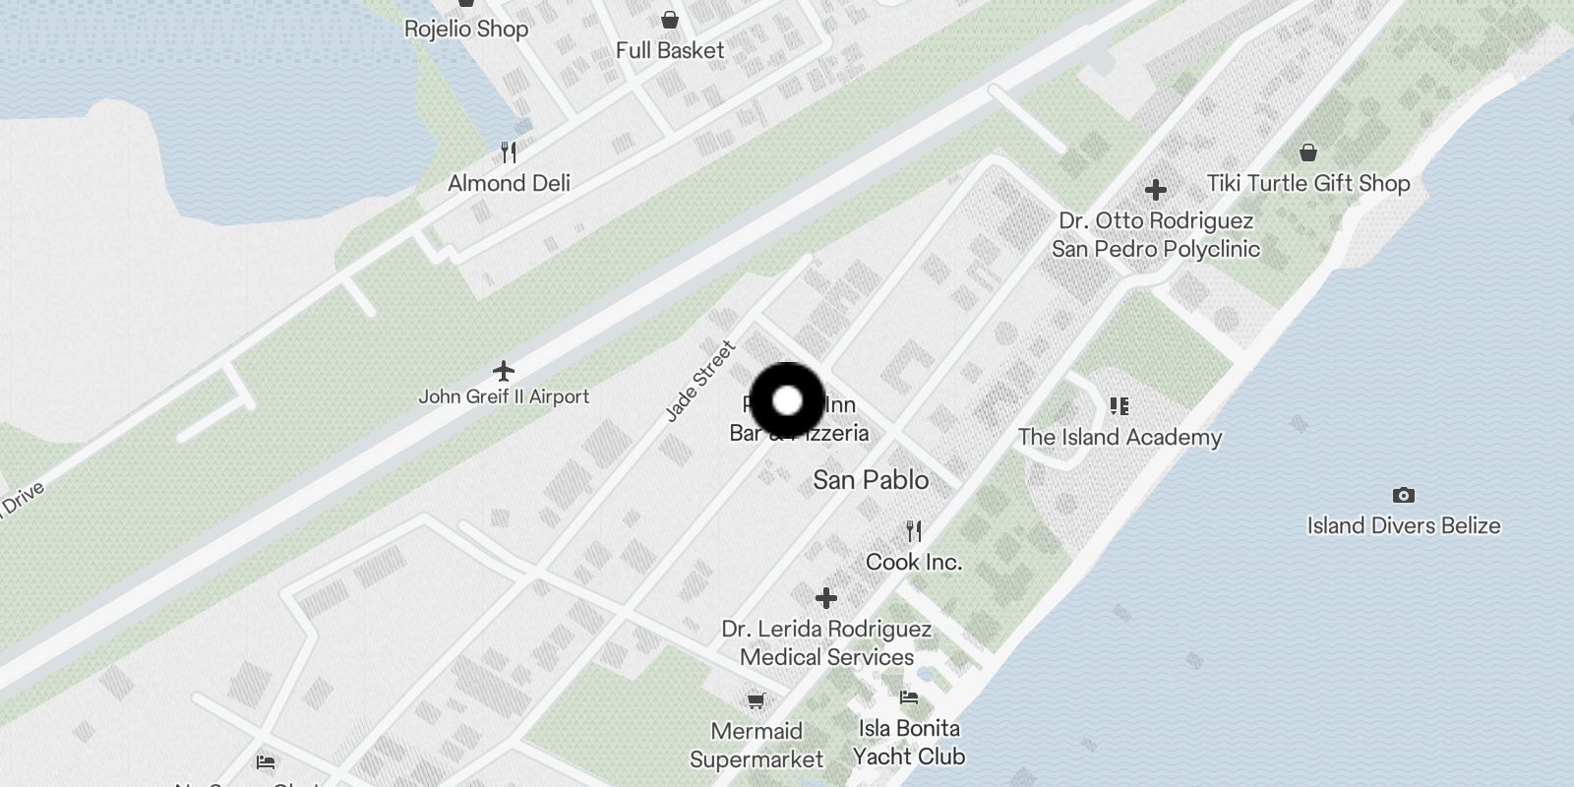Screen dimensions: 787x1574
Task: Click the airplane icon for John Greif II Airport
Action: [x=504, y=371]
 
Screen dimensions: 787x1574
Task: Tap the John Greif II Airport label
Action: [x=504, y=396]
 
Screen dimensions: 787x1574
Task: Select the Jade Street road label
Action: [x=699, y=381]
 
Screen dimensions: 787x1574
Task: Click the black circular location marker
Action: [x=787, y=400]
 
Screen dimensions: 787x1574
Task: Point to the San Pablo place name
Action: [x=871, y=480]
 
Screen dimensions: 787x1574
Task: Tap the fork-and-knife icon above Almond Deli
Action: [x=509, y=152]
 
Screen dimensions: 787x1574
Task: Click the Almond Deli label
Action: [x=509, y=183]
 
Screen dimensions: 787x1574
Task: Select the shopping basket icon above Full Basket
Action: [x=670, y=20]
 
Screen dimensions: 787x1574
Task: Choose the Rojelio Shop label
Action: [x=466, y=29]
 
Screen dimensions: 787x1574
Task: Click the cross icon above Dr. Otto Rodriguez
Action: [x=1156, y=189]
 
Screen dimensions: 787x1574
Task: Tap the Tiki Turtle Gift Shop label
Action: [x=1308, y=183]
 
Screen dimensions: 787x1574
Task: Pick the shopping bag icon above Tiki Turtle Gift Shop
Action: [x=1308, y=152]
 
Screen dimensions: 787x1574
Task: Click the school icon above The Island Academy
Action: [x=1119, y=405]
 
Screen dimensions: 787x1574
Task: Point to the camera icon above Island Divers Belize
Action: [x=1404, y=495]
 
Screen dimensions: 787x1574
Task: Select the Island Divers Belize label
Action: [x=1404, y=525]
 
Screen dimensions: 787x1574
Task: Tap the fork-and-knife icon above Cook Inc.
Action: [x=914, y=531]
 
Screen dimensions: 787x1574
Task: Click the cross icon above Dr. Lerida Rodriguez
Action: [x=826, y=597]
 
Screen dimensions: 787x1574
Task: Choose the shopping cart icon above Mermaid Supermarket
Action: [x=756, y=700]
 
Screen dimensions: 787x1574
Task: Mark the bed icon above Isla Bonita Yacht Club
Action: [x=909, y=697]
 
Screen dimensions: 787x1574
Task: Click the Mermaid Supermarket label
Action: [x=757, y=745]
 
